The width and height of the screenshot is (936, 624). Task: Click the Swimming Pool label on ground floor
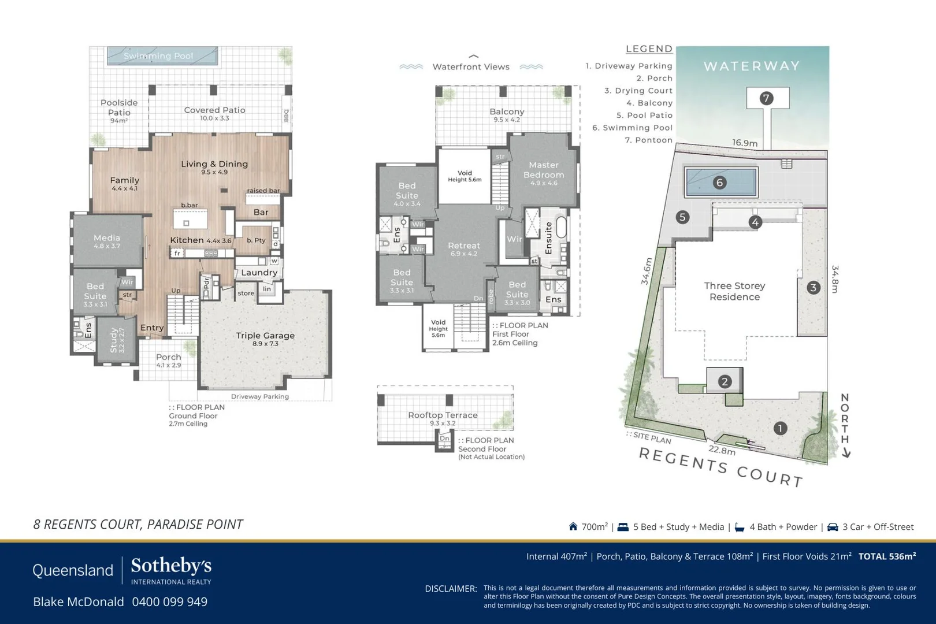click(x=158, y=56)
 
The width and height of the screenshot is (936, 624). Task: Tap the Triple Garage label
click(x=265, y=336)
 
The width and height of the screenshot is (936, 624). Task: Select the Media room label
click(x=107, y=238)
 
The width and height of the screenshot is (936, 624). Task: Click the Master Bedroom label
click(x=543, y=170)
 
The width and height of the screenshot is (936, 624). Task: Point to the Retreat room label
click(x=464, y=246)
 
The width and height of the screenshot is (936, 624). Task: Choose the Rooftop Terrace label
click(x=443, y=415)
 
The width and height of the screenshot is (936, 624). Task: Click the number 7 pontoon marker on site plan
click(x=767, y=98)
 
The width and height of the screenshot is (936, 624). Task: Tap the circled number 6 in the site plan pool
click(x=719, y=183)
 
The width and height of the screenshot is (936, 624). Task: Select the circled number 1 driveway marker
click(x=780, y=428)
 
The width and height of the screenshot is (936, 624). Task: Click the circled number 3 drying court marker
click(x=813, y=287)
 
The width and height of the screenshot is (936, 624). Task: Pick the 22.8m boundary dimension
click(x=722, y=450)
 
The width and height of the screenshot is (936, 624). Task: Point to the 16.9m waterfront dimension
click(x=744, y=143)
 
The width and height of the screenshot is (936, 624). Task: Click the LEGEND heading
click(x=649, y=49)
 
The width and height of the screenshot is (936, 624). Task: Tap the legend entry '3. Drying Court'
click(x=638, y=91)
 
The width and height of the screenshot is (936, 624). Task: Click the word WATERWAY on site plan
click(x=752, y=66)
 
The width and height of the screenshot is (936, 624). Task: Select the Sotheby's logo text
click(x=171, y=566)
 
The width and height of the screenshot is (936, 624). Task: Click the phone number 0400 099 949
click(x=169, y=601)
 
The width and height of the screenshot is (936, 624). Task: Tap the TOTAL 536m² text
click(x=887, y=556)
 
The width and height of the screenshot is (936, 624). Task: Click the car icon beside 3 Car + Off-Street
click(x=833, y=527)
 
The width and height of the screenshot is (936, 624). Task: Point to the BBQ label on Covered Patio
click(x=286, y=116)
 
